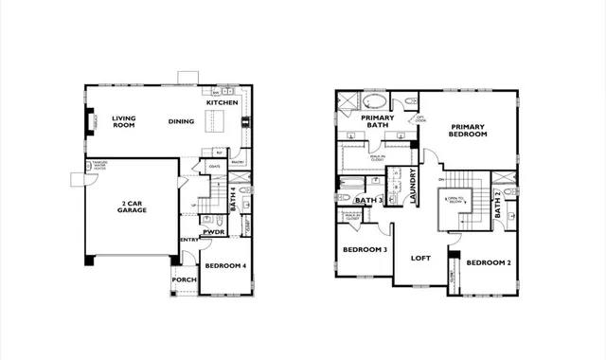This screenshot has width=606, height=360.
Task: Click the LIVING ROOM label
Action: pyautogui.click(x=124, y=121)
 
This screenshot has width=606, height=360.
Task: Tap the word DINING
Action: pyautogui.click(x=181, y=121)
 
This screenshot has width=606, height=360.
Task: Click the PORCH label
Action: pyautogui.click(x=184, y=280)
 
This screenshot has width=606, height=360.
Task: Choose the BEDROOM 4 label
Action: pyautogui.click(x=225, y=266)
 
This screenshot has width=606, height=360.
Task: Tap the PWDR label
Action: pyautogui.click(x=213, y=231)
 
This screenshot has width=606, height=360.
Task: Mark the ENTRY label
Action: pyautogui.click(x=189, y=241)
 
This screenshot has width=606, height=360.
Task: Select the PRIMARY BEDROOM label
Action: pyautogui.click(x=469, y=131)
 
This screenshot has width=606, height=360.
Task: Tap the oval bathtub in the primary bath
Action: pyautogui.click(x=375, y=100)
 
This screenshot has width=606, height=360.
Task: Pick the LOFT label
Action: pyautogui.click(x=420, y=258)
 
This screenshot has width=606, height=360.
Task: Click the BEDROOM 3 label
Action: pyautogui.click(x=364, y=250)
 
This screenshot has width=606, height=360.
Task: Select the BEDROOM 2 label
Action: pyautogui.click(x=489, y=261)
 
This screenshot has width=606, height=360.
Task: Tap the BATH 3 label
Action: pyautogui.click(x=368, y=201)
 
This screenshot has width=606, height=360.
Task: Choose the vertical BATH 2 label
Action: pyautogui.click(x=498, y=205)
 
